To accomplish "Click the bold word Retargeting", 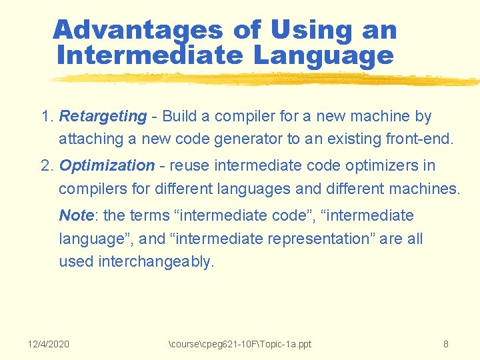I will point(103,116).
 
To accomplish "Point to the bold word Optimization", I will point(107,165).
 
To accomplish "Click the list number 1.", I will point(47,116).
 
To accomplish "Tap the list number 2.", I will point(47,165).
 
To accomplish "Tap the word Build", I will point(179,116).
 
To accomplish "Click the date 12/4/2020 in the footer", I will point(49,344).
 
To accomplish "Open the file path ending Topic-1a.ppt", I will point(240,344).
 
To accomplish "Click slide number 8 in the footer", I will point(445,344).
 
